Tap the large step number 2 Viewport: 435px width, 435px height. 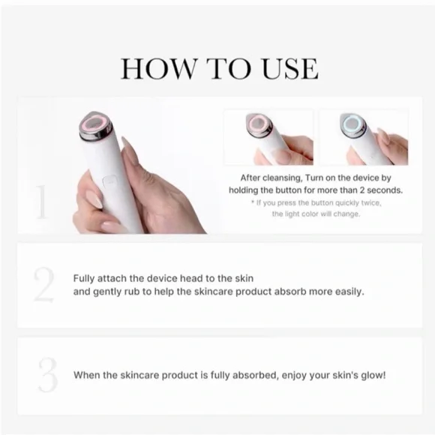(44, 285)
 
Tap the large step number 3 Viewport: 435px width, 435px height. (47, 375)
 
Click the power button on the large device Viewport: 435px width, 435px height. (109, 181)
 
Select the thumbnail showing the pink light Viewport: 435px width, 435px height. (268, 137)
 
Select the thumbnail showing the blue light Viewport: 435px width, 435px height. (363, 137)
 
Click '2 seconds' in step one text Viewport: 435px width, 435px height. (378, 190)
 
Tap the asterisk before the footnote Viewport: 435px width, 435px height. (253, 202)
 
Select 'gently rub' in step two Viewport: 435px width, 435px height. (117, 291)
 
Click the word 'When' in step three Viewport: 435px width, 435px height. (87, 374)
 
